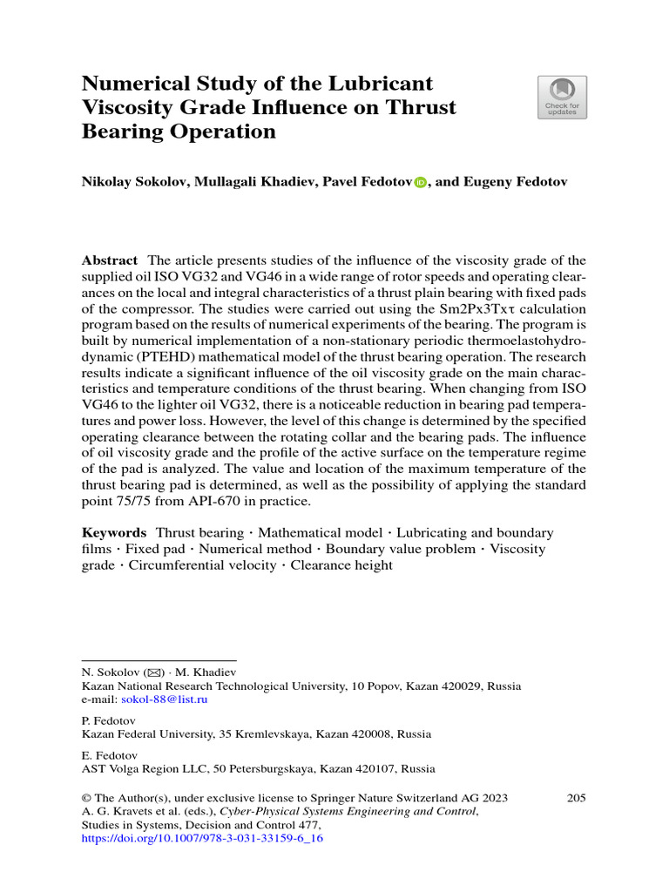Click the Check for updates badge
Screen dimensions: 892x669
tap(562, 97)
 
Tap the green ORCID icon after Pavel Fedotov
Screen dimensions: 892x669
tap(421, 183)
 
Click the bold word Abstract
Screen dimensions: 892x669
tap(109, 260)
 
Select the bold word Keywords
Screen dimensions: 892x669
tap(114, 532)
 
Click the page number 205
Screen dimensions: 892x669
tap(576, 798)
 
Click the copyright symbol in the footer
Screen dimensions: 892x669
tap(86, 798)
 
